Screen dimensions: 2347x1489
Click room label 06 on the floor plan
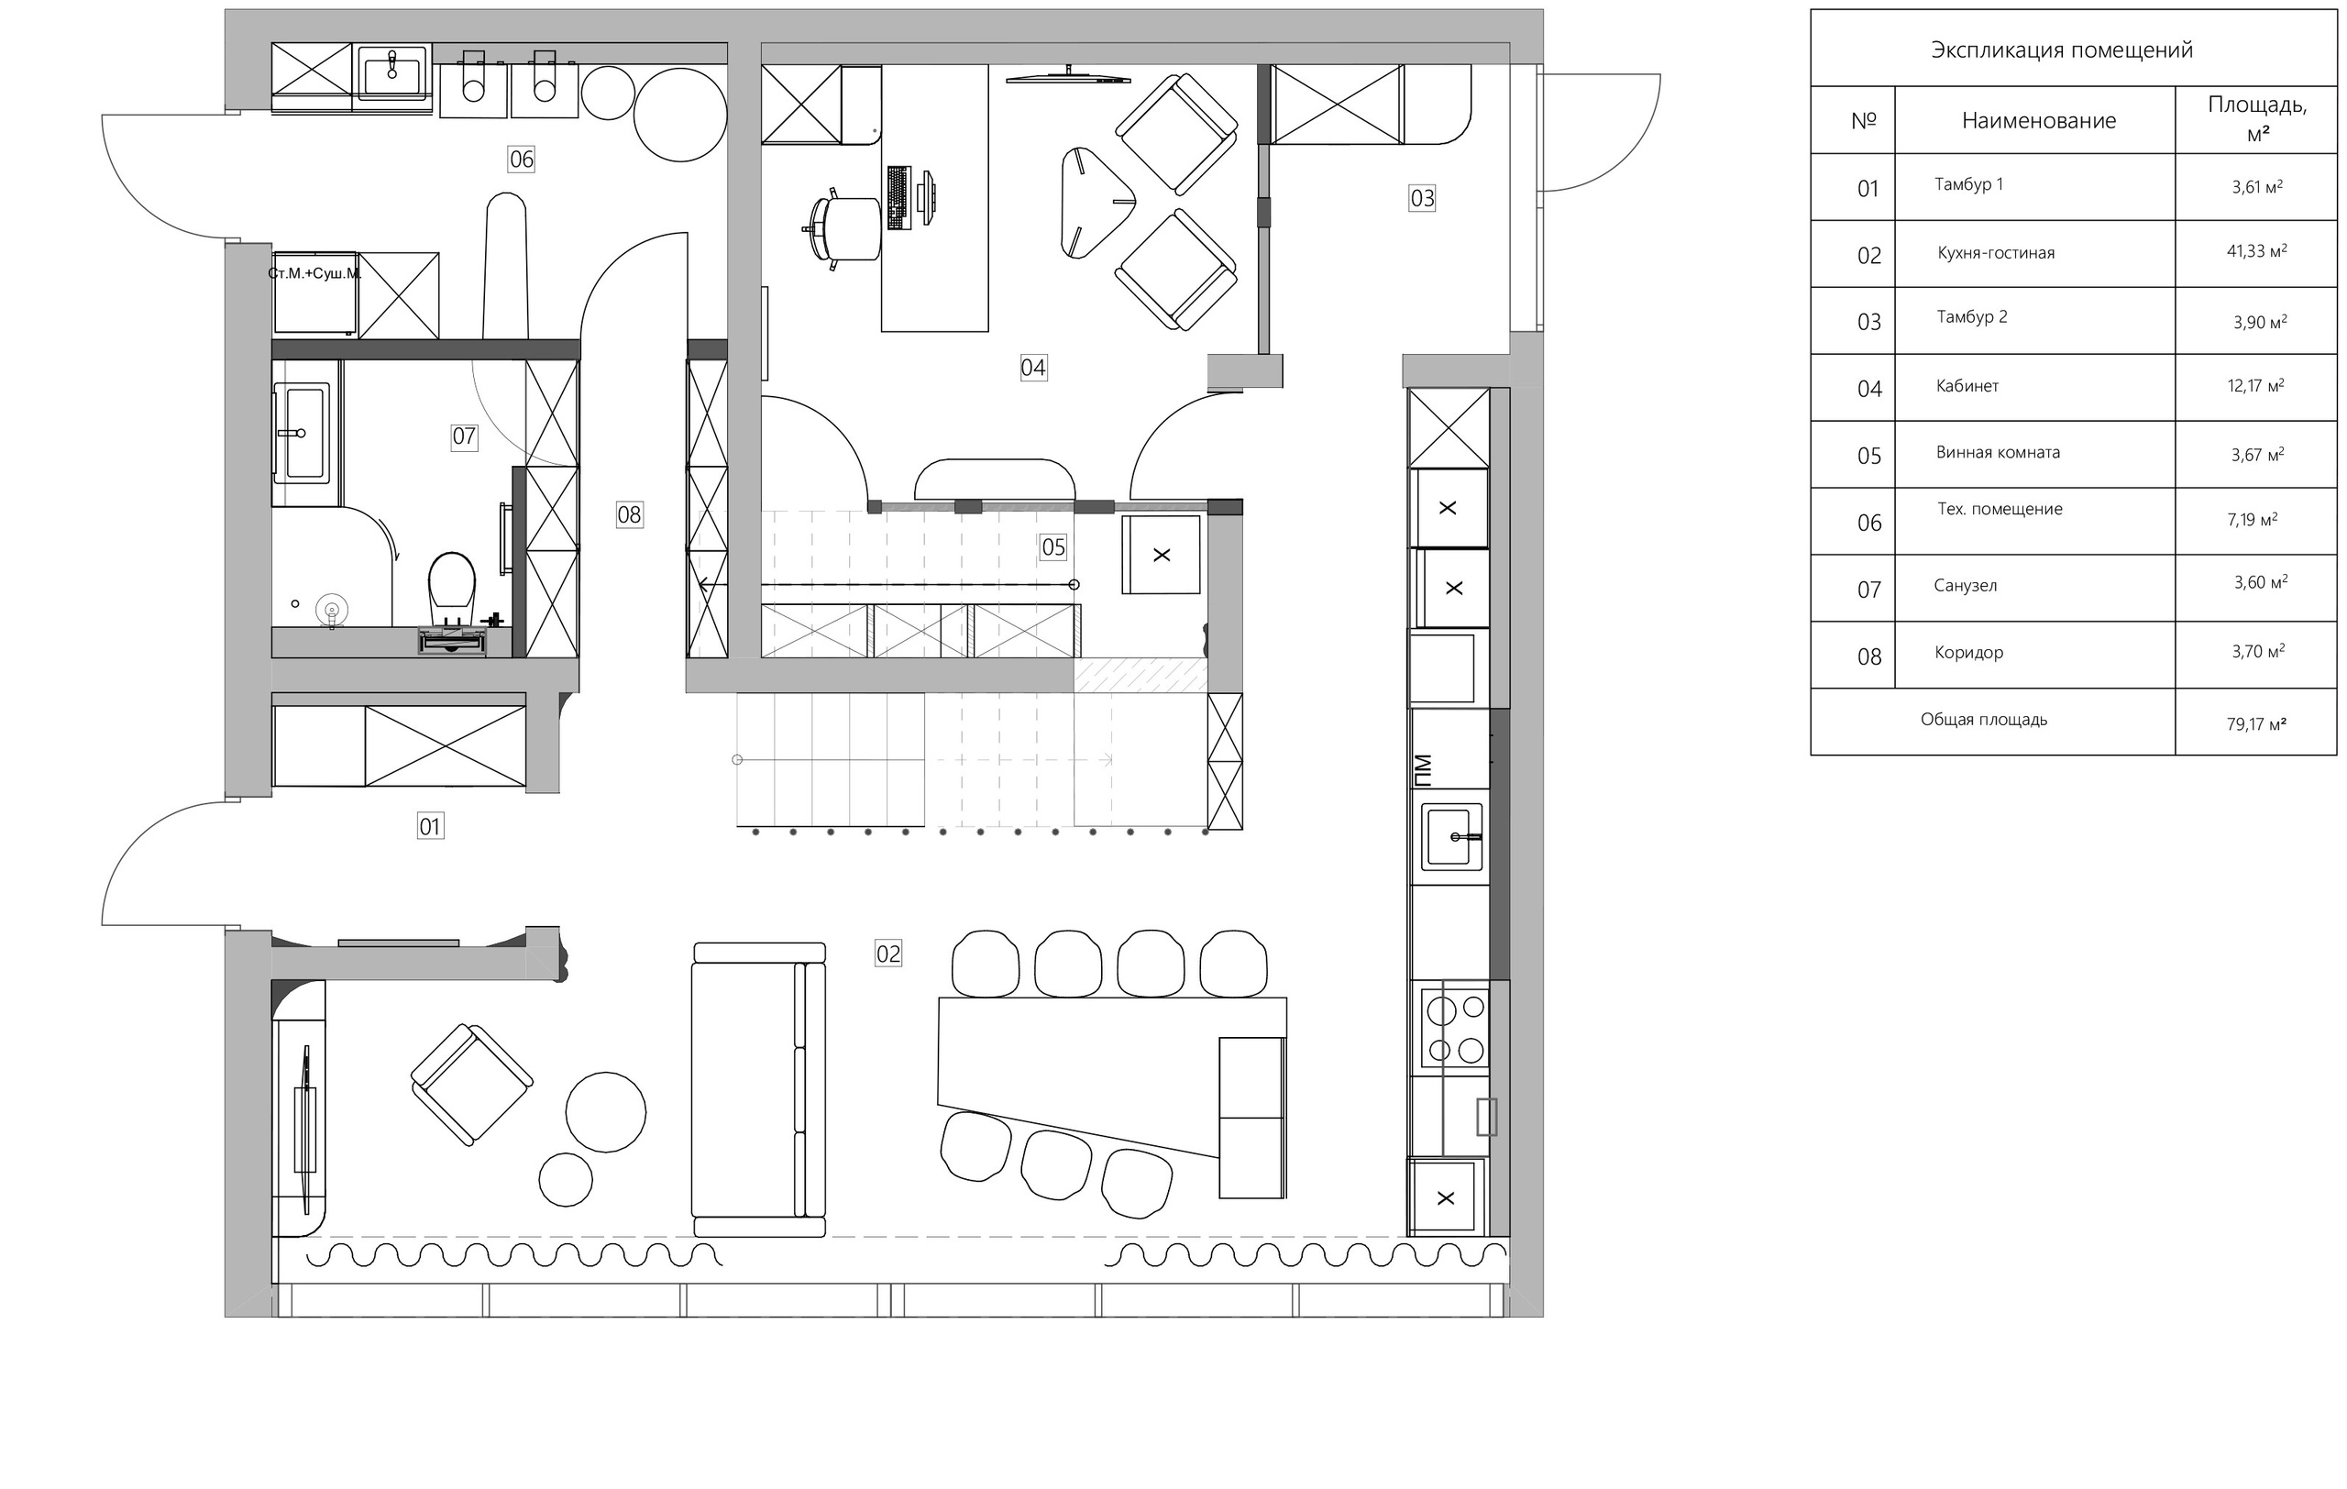(522, 159)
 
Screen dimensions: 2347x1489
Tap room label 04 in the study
(1033, 368)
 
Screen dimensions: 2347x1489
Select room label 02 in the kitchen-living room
(888, 953)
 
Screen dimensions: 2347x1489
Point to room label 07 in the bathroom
(464, 436)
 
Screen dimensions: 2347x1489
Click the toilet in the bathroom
(451, 590)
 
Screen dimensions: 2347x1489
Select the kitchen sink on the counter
(1451, 836)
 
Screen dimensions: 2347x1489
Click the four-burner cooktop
(1455, 1027)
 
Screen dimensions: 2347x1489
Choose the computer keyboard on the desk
(898, 198)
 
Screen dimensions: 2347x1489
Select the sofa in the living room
(758, 1089)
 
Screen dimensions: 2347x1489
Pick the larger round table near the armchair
(605, 1112)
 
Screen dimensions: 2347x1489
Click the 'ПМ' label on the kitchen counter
(1423, 770)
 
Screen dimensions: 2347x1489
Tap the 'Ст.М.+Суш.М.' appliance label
(314, 273)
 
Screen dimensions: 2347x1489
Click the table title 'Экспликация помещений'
(2062, 50)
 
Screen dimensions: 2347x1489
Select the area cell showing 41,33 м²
(2256, 251)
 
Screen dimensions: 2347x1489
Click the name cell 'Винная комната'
(1998, 452)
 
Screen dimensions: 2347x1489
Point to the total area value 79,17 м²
(2256, 724)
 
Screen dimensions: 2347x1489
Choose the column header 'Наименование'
(2039, 121)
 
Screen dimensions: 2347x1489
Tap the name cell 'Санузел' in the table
(1965, 586)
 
